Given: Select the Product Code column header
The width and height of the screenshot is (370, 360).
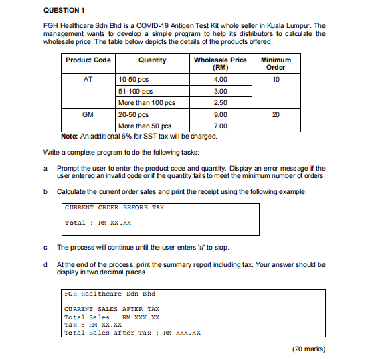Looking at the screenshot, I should pos(88,60).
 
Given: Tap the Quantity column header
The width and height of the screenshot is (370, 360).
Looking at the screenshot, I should pos(152,60).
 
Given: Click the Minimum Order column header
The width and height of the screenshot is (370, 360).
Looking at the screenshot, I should pos(276,64).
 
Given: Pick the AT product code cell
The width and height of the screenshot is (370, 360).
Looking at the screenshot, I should pos(88,79).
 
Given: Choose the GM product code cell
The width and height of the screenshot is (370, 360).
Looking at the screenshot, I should pos(88,114).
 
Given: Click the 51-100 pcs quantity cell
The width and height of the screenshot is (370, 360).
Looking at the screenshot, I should pos(135,91).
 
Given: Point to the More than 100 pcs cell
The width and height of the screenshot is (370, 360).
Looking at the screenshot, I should pos(146,103).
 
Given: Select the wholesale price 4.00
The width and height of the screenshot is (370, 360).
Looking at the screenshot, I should pos(220,79).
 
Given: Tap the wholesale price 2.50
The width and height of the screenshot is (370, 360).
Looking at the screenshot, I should pos(220,103).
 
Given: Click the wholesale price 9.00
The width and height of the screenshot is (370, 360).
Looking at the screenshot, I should pos(220,114).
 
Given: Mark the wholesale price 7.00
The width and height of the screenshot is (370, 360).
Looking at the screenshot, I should pos(220,126).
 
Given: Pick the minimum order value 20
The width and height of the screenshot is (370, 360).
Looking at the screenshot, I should pos(276,114).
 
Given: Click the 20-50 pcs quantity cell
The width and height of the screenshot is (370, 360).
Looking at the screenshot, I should pos(134,114).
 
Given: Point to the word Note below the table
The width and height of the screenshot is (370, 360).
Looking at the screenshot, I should pos(70,136).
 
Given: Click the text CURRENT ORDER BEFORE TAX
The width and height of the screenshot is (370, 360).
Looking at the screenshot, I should pos(114,207).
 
